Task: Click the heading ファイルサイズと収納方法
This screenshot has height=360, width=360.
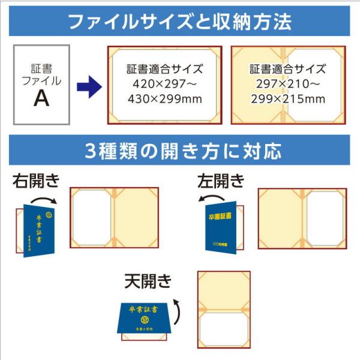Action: (180, 23)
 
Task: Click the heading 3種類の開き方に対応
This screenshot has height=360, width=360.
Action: (180, 151)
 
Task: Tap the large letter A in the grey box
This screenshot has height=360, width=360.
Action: (41, 98)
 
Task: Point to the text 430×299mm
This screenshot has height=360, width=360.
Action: (164, 98)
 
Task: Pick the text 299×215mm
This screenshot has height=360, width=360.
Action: (287, 98)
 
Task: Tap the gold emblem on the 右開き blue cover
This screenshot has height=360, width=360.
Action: (49, 212)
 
